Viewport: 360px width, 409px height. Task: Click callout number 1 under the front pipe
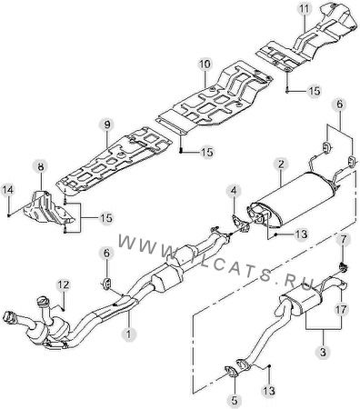[128, 334]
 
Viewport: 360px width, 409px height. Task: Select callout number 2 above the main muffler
[281, 165]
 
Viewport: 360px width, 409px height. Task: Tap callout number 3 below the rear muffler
[324, 352]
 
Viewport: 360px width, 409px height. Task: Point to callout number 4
[235, 191]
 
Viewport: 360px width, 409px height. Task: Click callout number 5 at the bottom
[235, 400]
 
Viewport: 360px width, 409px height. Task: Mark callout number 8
[41, 166]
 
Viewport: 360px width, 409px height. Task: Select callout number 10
[205, 65]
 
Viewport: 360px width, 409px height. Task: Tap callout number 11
[305, 9]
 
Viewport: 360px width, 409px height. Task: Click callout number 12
[64, 284]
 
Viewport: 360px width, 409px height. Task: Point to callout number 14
[8, 190]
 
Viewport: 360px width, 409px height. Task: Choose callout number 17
[342, 310]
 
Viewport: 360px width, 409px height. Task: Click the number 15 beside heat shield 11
[314, 91]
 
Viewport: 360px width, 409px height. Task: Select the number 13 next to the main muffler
[301, 234]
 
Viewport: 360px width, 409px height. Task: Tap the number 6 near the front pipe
[106, 254]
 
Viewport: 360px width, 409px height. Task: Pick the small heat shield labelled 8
[48, 209]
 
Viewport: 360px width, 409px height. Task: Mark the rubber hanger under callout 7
[343, 267]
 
